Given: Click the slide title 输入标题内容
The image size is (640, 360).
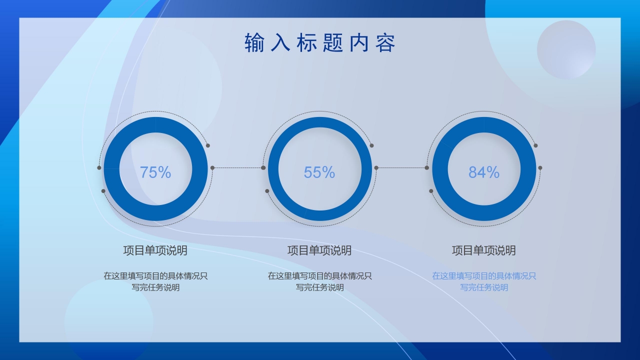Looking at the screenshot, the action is pyautogui.click(x=320, y=43).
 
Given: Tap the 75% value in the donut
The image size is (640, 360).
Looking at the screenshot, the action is pyautogui.click(x=155, y=172).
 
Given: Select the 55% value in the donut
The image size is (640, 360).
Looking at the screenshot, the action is pyautogui.click(x=319, y=172).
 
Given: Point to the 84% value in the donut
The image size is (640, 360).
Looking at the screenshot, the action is pyautogui.click(x=484, y=172).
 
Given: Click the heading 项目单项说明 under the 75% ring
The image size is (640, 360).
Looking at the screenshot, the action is pyautogui.click(x=155, y=250).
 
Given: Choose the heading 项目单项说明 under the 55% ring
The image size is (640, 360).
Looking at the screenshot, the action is pyautogui.click(x=319, y=250).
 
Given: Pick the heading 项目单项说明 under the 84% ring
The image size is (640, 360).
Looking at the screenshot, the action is pyautogui.click(x=484, y=250).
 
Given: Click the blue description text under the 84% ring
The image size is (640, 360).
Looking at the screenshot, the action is pyautogui.click(x=484, y=281).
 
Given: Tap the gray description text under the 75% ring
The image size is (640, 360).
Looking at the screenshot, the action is pyautogui.click(x=155, y=281).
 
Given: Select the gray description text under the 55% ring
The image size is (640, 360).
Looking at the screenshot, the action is pyautogui.click(x=319, y=281).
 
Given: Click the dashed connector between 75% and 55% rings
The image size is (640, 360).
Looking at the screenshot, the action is pyautogui.click(x=237, y=167).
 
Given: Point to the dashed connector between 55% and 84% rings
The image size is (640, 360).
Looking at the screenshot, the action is pyautogui.click(x=401, y=167).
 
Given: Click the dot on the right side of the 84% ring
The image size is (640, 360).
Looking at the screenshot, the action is pyautogui.click(x=540, y=167).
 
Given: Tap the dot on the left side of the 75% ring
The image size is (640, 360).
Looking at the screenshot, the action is pyautogui.click(x=99, y=167).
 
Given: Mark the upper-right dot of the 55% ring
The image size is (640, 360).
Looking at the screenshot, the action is pyautogui.click(x=371, y=145).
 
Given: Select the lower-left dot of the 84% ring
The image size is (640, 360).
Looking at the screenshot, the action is pyautogui.click(x=431, y=191).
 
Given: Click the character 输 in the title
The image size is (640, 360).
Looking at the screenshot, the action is pyautogui.click(x=254, y=43).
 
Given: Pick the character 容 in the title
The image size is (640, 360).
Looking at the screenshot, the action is pyautogui.click(x=385, y=43).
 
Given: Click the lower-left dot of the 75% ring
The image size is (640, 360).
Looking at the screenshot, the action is pyautogui.click(x=103, y=191).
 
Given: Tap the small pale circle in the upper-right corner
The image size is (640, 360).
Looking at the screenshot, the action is pyautogui.click(x=566, y=49).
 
